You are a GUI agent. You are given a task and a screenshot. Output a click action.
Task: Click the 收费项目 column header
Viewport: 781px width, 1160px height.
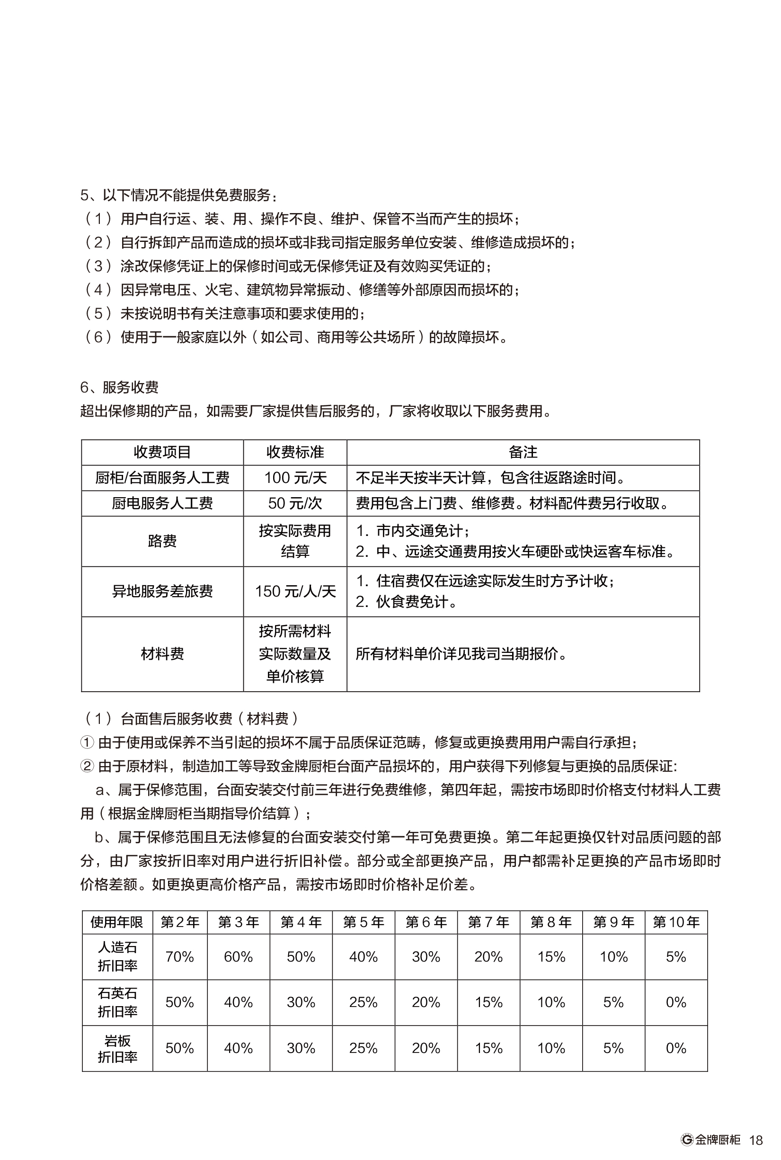pyautogui.click(x=162, y=452)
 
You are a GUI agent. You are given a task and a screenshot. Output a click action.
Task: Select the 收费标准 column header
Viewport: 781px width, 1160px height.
pyautogui.click(x=295, y=452)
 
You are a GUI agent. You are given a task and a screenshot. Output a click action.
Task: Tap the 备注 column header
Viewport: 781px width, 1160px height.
pyautogui.click(x=523, y=452)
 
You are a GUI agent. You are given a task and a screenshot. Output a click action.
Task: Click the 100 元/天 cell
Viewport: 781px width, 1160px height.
pyautogui.click(x=295, y=478)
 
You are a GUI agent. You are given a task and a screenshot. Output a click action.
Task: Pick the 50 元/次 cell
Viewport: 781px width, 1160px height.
pyautogui.click(x=295, y=503)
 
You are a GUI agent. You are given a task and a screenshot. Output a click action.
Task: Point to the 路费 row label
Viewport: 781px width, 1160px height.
pyautogui.click(x=162, y=541)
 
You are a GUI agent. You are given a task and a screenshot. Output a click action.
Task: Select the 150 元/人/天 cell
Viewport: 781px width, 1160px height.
pyautogui.click(x=295, y=591)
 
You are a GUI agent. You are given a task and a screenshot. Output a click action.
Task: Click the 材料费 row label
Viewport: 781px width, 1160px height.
pyautogui.click(x=162, y=654)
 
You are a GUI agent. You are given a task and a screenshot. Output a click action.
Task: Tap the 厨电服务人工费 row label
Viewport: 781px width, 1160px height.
pyautogui.click(x=162, y=503)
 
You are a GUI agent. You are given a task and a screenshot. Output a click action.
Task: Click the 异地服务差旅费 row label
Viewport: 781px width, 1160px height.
pyautogui.click(x=162, y=591)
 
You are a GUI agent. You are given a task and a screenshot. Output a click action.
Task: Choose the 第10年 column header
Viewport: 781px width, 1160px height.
pyautogui.click(x=676, y=922)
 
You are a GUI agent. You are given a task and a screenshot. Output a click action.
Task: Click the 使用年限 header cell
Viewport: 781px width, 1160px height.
pyautogui.click(x=117, y=922)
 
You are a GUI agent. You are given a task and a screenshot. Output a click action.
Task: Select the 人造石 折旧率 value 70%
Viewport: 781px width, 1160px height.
pyautogui.click(x=179, y=957)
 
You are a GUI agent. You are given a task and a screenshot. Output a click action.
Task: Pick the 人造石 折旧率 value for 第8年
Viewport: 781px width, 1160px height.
pyautogui.click(x=551, y=957)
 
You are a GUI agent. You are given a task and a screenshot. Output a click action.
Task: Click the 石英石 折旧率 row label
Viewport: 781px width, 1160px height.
pyautogui.click(x=117, y=1002)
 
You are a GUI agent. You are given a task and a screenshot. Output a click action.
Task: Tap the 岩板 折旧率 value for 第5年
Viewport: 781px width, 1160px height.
pyautogui.click(x=363, y=1048)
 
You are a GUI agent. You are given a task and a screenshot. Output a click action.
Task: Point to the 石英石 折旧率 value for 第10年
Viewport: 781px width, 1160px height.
pyautogui.click(x=676, y=1002)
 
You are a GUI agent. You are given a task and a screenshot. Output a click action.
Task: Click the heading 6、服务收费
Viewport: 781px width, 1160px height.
pyautogui.click(x=120, y=387)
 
